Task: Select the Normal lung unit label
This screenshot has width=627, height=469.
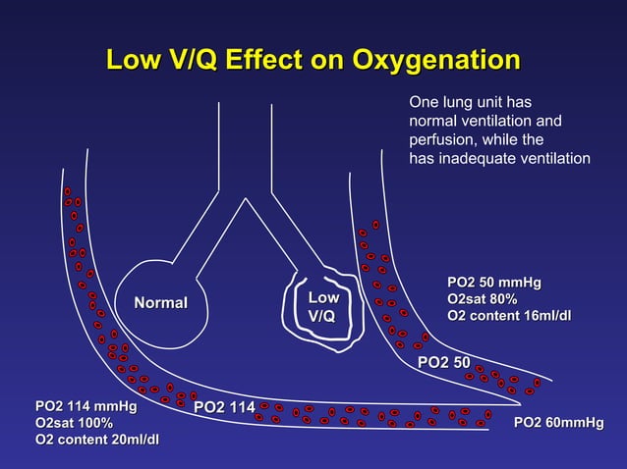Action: click(x=153, y=302)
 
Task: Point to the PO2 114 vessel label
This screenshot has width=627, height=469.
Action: click(x=224, y=407)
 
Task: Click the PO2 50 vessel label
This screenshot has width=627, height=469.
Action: click(x=444, y=363)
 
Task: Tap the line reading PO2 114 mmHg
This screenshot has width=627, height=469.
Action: click(x=85, y=405)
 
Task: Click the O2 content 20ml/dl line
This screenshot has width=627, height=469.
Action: click(x=97, y=439)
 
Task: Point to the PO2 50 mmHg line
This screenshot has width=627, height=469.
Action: click(x=493, y=283)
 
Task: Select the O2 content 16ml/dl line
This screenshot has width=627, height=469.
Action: click(x=508, y=315)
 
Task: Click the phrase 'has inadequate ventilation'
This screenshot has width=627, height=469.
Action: click(x=499, y=159)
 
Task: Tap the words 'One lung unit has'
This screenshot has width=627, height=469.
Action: click(x=471, y=101)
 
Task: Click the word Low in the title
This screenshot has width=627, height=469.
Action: click(x=134, y=60)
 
